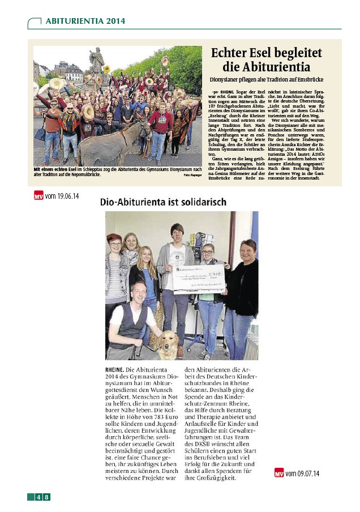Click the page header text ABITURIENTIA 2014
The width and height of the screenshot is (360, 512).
tap(85, 21)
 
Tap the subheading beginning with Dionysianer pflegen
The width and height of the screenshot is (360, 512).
tap(265, 82)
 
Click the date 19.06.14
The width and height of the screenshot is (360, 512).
tap(67, 195)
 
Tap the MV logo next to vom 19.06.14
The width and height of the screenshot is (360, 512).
tap(38, 196)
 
